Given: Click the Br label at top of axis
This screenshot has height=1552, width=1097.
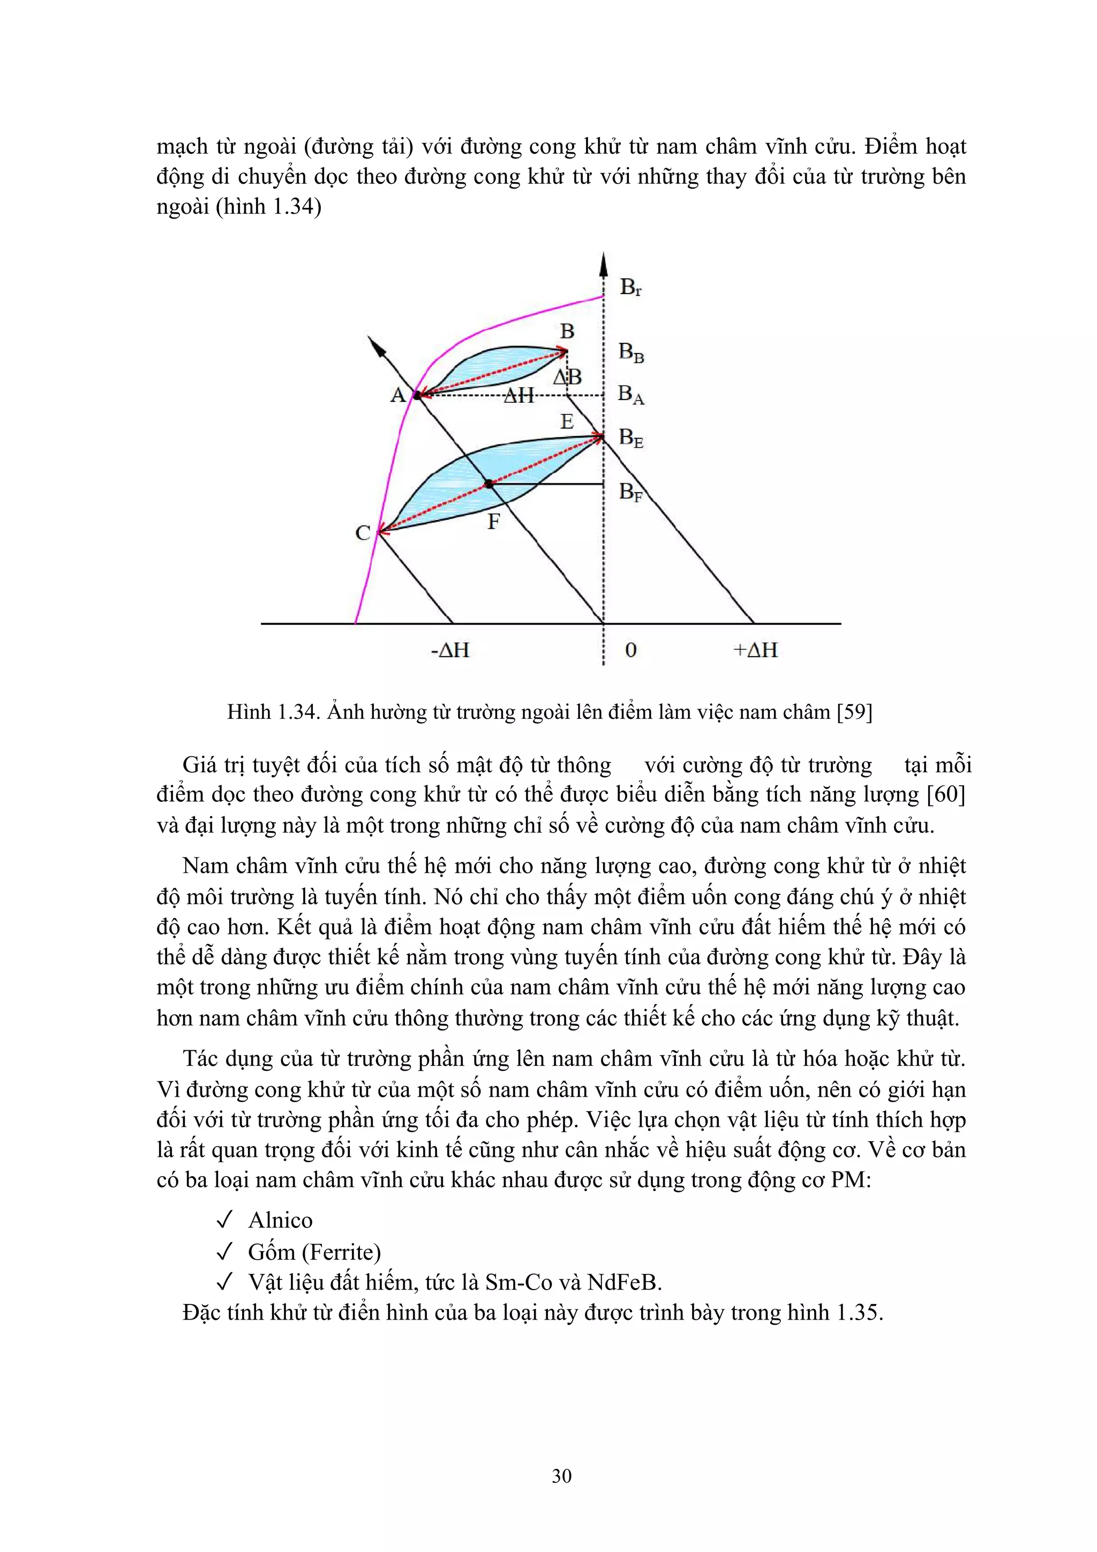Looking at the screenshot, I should pyautogui.click(x=630, y=288).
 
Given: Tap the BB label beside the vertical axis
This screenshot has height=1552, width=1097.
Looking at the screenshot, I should pyautogui.click(x=630, y=353).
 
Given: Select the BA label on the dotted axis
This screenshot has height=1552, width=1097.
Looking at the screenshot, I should pyautogui.click(x=630, y=395).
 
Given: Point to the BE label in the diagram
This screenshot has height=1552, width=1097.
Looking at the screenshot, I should pyautogui.click(x=630, y=439).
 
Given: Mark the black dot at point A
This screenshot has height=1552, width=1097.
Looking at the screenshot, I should pyautogui.click(x=417, y=395).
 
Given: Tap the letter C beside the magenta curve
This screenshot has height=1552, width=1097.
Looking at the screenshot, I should pyautogui.click(x=363, y=533).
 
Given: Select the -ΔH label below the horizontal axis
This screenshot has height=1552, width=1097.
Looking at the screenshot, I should pyautogui.click(x=449, y=650).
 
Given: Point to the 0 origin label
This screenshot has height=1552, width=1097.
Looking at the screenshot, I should pyautogui.click(x=630, y=650).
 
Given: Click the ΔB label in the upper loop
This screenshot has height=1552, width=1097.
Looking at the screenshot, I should pyautogui.click(x=568, y=377).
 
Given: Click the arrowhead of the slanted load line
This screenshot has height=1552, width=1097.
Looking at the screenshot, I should pyautogui.click(x=376, y=345).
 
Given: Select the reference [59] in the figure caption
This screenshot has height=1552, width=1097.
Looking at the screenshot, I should pyautogui.click(x=854, y=712).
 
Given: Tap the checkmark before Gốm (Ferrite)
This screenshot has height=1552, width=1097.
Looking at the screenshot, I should pyautogui.click(x=224, y=1252).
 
